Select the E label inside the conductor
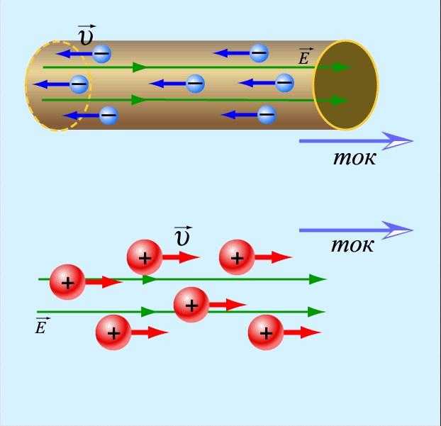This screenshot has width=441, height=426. coord(304,57)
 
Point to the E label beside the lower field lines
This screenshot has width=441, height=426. coord(42,327)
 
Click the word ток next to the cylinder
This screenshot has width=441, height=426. coord(354,157)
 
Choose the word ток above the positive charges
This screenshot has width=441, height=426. coord(352,246)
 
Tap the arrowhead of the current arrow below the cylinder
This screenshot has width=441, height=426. coord(401,140)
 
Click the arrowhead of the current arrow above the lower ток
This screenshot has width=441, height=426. coord(401,230)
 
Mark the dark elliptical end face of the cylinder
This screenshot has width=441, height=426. coord(345,85)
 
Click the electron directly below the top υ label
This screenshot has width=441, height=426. coord(102,53)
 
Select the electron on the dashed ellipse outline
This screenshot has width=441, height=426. coord(79,84)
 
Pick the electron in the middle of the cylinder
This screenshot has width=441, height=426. coord(195,84)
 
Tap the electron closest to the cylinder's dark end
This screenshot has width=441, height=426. coord(284,83)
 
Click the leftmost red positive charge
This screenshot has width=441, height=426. coord(67,282)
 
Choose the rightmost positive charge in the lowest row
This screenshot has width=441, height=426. coord(266,332)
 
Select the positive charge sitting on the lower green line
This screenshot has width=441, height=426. coord(191,305)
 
